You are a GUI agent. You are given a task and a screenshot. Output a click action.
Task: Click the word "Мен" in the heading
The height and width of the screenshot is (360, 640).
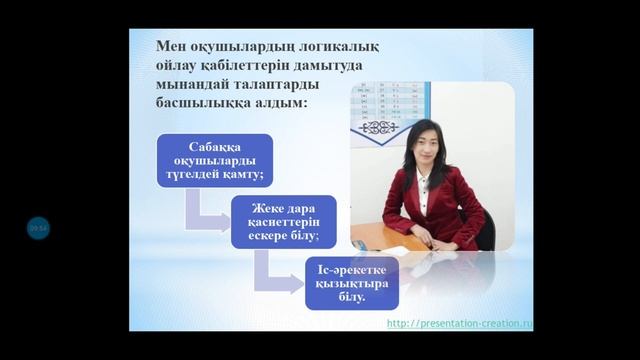(x=171, y=47)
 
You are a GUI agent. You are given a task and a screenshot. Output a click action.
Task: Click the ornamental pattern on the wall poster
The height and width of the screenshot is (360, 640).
(x=379, y=127)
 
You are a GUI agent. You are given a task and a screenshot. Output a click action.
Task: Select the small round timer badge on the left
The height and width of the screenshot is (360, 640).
(x=38, y=228)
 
